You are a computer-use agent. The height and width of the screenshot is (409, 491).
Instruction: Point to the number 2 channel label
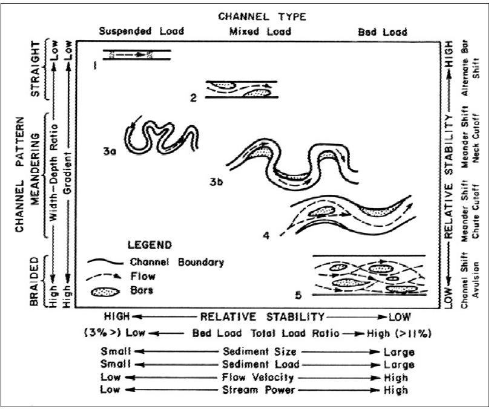point(193,97)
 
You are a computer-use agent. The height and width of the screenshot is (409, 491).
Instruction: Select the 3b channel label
point(217,181)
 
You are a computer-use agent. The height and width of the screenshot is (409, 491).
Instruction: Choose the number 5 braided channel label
point(298,296)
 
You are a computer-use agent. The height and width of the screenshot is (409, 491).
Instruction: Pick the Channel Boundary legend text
point(177,263)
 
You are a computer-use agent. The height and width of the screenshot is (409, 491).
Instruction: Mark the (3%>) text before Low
point(99,333)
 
